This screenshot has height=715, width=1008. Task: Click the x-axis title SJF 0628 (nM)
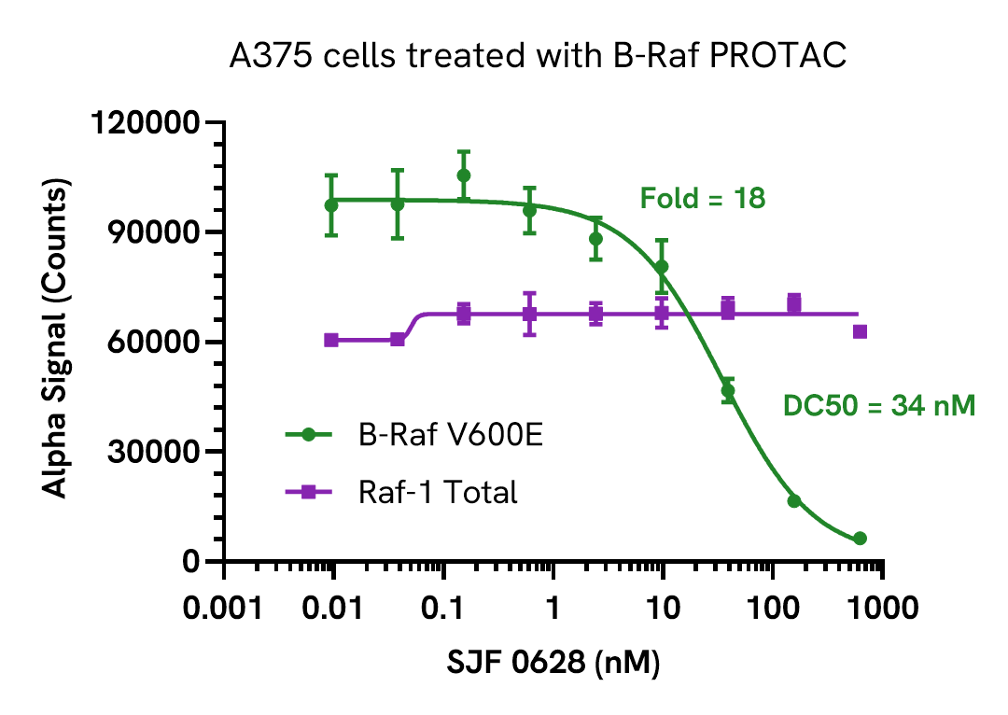[x=553, y=663]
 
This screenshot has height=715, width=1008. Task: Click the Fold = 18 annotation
[x=702, y=198]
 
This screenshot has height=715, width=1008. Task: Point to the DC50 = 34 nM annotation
[x=878, y=406]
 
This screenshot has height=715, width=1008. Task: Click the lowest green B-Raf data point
[x=860, y=539]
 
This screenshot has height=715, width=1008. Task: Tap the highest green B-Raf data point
[x=464, y=175]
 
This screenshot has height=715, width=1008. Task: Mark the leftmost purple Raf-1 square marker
[x=331, y=340]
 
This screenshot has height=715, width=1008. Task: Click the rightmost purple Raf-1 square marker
[x=860, y=331]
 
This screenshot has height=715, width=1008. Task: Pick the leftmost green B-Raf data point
[x=331, y=205]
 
